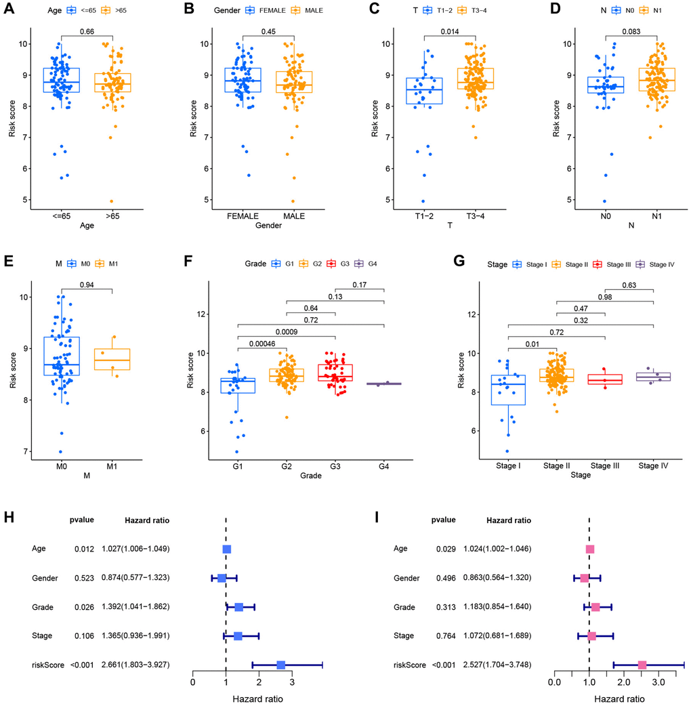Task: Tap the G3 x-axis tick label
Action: pos(334,468)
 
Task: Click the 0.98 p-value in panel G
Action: pos(606,296)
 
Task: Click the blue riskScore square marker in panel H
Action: pos(281,665)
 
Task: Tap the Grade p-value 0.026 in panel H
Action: pos(84,608)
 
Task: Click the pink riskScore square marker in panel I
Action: pos(642,665)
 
